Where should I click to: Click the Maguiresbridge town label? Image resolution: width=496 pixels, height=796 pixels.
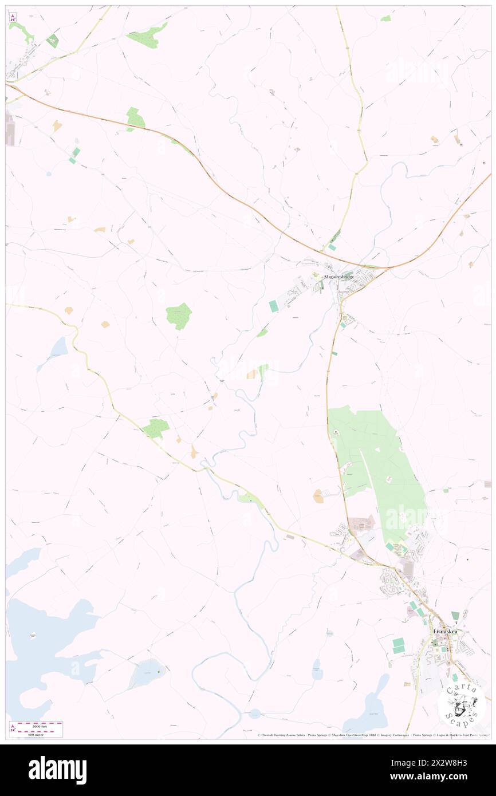point(339,277)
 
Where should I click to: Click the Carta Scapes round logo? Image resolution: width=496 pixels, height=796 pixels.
point(461,703)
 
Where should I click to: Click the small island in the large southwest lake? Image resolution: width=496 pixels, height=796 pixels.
point(33,635)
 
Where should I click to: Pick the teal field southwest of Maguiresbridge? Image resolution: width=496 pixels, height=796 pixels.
point(274,306)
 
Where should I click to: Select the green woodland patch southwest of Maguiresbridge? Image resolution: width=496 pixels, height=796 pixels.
point(179,316)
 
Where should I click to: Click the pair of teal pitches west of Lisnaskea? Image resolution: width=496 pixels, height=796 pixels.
point(398,645)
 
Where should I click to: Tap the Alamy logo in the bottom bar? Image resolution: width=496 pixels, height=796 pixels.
point(57,770)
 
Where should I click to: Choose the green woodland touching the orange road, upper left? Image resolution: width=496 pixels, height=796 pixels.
point(136,119)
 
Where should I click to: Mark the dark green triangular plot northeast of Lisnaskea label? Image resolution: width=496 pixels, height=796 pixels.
point(455,616)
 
